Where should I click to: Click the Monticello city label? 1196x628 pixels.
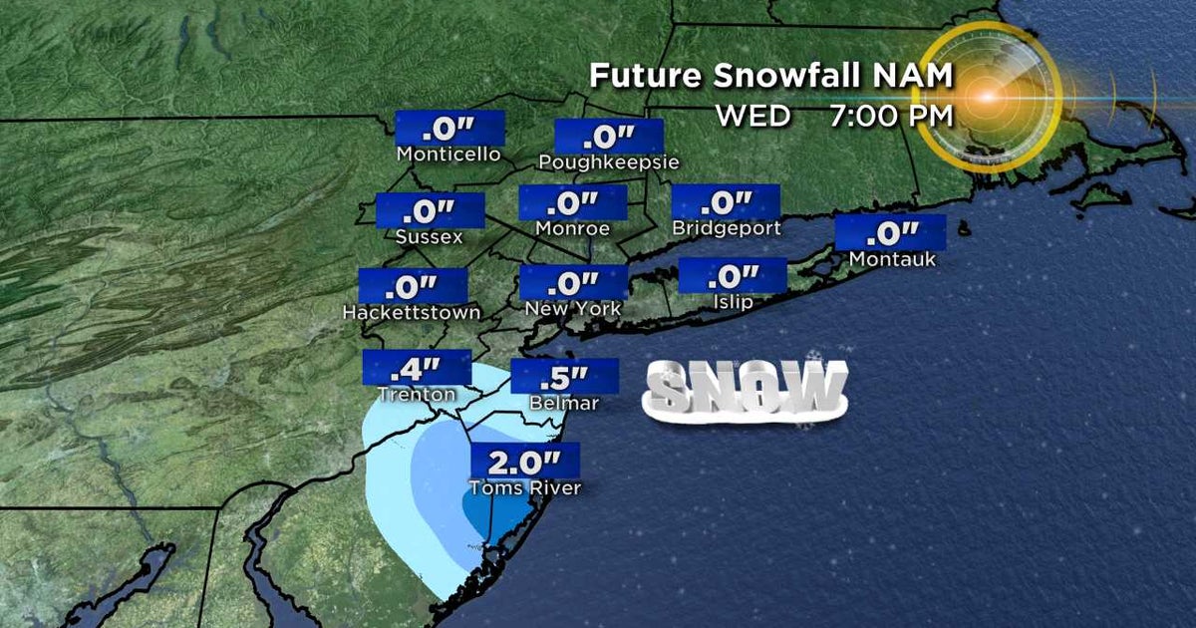[x=448, y=155]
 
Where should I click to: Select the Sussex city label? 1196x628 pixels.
[x=429, y=237]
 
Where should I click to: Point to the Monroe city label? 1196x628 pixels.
[x=571, y=228]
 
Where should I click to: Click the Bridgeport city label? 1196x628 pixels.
[x=726, y=228]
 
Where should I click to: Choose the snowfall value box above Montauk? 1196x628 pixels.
[x=890, y=233]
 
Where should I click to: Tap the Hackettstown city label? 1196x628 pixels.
[x=411, y=312]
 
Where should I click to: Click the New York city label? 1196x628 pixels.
[x=573, y=309]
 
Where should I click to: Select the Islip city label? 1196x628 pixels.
[x=732, y=302]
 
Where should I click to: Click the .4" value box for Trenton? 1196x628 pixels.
[x=417, y=368]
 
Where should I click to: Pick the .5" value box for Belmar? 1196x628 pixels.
[x=564, y=377]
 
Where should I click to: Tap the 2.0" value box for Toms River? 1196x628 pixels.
[x=524, y=462]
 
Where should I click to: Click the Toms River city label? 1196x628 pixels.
[x=524, y=488]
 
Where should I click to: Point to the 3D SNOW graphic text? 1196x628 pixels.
[x=746, y=388]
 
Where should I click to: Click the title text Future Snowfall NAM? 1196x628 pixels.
[x=771, y=77]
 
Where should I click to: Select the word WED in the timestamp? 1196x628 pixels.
[x=752, y=116]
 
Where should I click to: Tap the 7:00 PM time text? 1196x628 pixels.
[x=890, y=116]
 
